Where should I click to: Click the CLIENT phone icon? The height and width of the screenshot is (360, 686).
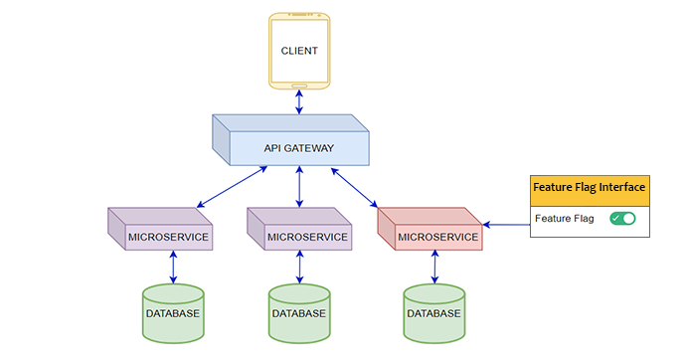[x=298, y=49]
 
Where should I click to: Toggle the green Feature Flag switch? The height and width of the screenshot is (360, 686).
[x=622, y=218]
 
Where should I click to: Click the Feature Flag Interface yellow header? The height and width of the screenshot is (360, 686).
[x=590, y=187]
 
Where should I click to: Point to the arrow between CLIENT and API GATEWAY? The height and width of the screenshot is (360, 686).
[x=298, y=99]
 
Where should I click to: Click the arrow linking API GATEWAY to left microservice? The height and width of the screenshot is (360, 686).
[x=232, y=189]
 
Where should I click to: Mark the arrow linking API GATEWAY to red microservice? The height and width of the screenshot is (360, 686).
[x=355, y=187]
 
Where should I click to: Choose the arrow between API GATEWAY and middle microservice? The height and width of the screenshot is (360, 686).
[x=299, y=187]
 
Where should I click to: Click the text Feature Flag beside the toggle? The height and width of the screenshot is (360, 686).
[x=564, y=218]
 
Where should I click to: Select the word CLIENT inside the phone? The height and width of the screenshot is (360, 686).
[x=298, y=50]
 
